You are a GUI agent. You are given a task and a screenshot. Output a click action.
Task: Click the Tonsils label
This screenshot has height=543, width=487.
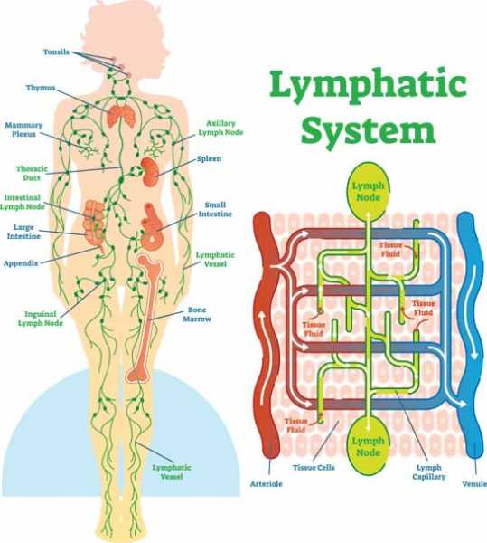[56, 52]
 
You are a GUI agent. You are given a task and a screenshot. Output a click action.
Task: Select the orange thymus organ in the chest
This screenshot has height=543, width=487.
[119, 115]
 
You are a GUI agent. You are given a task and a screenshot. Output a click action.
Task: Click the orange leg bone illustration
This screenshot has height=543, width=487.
[145, 317]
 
